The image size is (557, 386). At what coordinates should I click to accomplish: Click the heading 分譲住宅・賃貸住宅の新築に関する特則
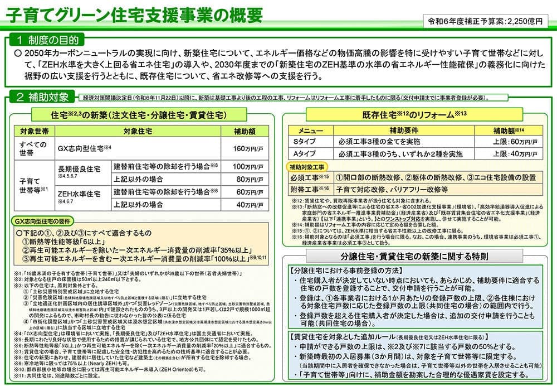coord(414,257)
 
